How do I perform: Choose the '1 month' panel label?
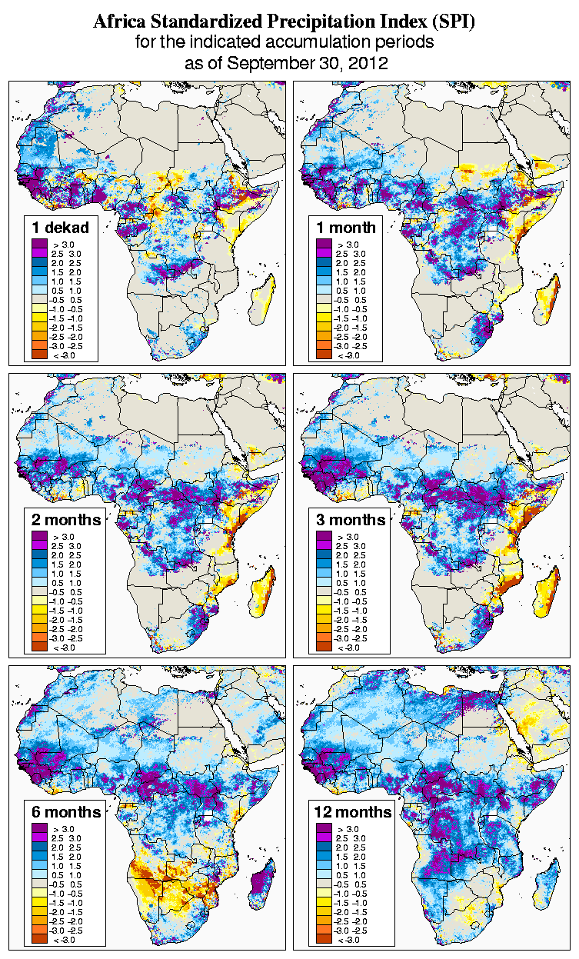pyautogui.click(x=345, y=227)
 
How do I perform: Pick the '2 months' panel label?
pyautogui.click(x=66, y=520)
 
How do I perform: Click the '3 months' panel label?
pyautogui.click(x=351, y=520)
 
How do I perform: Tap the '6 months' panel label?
pyautogui.click(x=66, y=812)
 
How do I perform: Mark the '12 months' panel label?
pyautogui.click(x=353, y=812)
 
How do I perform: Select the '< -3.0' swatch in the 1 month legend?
pyautogui.click(x=322, y=355)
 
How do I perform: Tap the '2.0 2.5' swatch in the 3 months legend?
pyautogui.click(x=322, y=554)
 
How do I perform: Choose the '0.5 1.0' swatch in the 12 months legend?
pyautogui.click(x=322, y=875)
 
